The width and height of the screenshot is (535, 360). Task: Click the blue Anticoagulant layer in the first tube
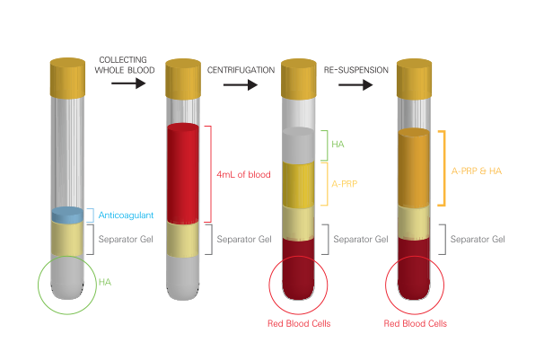click(67, 215)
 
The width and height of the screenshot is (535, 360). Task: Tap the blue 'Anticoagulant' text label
click(126, 215)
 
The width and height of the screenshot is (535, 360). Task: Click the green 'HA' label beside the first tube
click(105, 282)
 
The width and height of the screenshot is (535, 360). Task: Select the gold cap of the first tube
click(67, 78)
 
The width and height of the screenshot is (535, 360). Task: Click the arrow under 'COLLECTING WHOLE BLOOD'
click(128, 83)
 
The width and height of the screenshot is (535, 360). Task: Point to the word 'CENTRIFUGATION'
click(241, 70)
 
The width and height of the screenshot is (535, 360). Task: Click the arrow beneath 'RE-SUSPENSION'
click(355, 85)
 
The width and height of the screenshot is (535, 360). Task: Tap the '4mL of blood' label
click(243, 175)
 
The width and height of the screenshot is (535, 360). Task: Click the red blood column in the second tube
click(183, 173)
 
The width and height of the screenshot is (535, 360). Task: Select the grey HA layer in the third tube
click(299, 145)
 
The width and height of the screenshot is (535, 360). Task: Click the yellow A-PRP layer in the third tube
click(299, 185)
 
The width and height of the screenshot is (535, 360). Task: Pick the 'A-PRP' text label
click(345, 184)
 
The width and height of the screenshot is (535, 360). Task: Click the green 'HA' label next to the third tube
click(338, 145)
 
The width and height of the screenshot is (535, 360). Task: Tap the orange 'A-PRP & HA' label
click(477, 171)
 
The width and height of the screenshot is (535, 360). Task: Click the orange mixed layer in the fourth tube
click(414, 168)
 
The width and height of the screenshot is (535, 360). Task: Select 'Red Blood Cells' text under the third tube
click(299, 323)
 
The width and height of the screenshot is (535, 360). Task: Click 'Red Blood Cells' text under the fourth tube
click(416, 323)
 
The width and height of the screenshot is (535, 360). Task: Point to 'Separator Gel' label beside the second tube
click(244, 239)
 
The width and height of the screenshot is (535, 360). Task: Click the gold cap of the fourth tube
click(414, 79)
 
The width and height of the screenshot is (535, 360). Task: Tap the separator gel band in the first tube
click(67, 239)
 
